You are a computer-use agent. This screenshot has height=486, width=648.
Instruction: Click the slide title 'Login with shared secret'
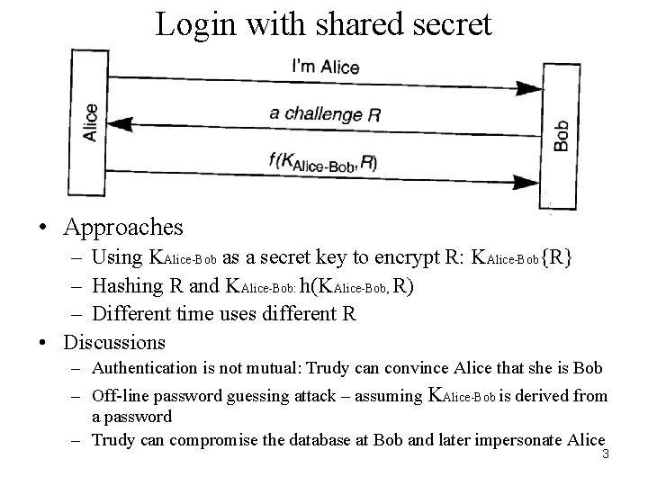(324, 23)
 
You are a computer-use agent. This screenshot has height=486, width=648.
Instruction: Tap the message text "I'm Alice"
(326, 67)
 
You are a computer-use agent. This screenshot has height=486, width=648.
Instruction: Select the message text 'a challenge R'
(323, 113)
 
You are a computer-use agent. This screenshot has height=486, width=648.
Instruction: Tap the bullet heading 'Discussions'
(114, 342)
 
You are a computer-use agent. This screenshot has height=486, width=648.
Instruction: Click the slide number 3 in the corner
(606, 454)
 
